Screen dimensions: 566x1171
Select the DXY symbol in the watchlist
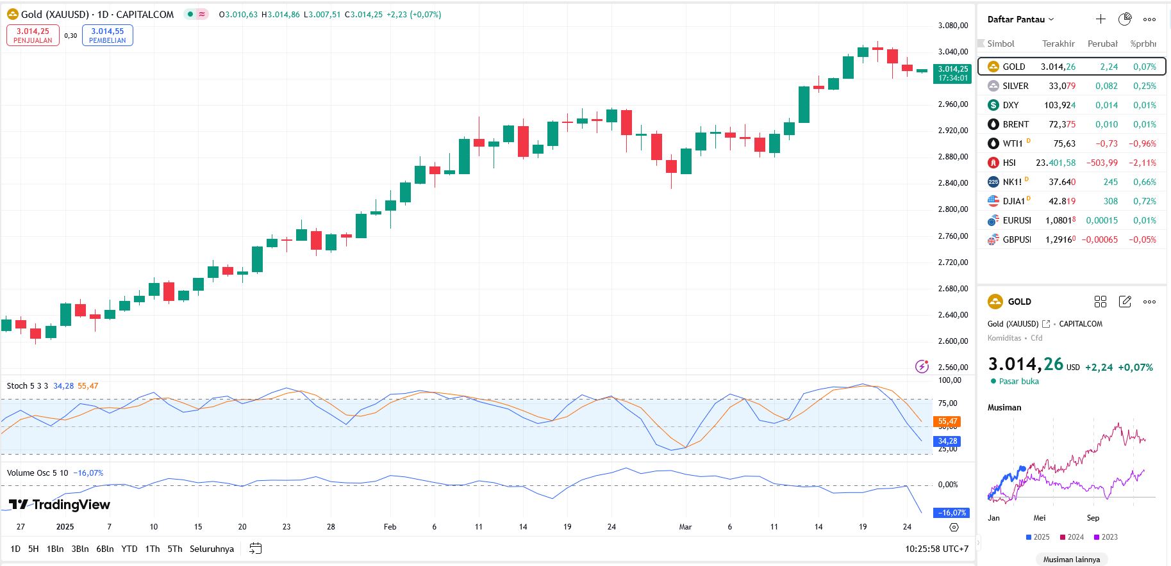tap(1011, 105)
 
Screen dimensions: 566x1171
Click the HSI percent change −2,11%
tap(1143, 163)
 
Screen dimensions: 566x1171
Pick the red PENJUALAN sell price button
tap(33, 35)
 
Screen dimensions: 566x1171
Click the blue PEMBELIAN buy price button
tap(107, 35)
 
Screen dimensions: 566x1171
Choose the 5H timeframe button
tap(33, 549)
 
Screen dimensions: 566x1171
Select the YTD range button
tap(129, 549)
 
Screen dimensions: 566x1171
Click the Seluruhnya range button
tap(212, 549)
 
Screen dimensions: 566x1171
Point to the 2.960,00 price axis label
tap(952, 104)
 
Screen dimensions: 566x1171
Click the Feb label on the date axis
tap(390, 527)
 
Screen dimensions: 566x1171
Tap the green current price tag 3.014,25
tap(952, 73)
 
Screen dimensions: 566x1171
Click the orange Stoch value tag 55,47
tap(947, 421)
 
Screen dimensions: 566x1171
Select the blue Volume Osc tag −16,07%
tap(952, 513)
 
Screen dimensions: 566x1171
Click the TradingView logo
tap(60, 505)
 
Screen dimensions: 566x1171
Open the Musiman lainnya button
tap(1071, 559)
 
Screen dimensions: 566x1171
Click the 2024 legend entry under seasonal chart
tap(1072, 537)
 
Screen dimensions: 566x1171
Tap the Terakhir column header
tap(1058, 44)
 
